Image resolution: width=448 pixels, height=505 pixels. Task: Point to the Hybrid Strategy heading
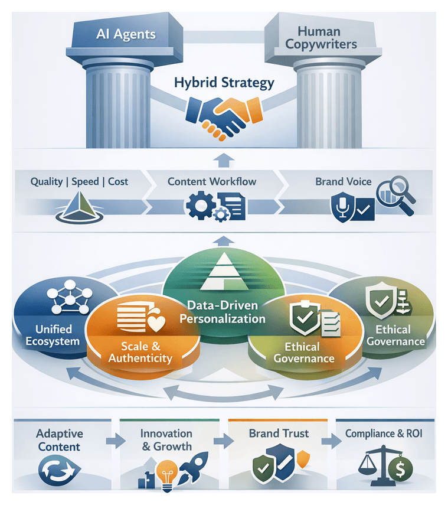224,82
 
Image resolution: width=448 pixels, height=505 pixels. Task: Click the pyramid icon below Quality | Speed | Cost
78,207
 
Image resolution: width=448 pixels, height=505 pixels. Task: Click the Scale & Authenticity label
140,351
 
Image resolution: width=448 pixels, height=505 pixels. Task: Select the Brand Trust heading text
279,434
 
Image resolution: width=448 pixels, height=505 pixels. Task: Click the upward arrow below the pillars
223,159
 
